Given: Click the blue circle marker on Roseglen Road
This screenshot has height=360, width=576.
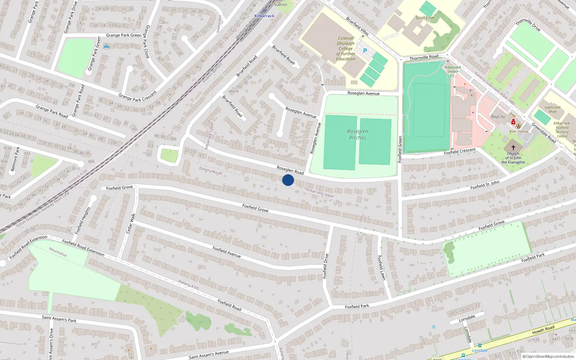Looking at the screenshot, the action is click(x=288, y=180).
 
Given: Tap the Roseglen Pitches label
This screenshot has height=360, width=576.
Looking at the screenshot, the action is click(x=357, y=134).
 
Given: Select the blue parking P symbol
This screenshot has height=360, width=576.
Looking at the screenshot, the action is click(x=365, y=51).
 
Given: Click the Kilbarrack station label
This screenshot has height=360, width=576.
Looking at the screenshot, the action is click(x=264, y=16).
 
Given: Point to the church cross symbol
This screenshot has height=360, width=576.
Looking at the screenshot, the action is click(x=513, y=147).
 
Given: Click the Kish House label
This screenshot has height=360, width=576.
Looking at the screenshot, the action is click(x=519, y=131).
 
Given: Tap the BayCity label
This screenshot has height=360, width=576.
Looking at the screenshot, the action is click(x=498, y=117).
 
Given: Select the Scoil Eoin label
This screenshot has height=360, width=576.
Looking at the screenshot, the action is click(x=425, y=18).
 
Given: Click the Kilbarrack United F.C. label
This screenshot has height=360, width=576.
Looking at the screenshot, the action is click(x=453, y=71).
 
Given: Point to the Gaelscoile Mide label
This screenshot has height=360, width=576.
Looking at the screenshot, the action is click(x=553, y=109).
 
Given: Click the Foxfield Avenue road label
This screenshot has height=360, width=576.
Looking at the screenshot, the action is click(x=226, y=252).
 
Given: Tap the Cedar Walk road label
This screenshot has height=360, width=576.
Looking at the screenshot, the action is click(x=131, y=224).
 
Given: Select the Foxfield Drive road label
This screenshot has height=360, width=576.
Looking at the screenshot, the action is click(x=325, y=266).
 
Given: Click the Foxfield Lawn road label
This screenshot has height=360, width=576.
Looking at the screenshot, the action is click(x=382, y=267).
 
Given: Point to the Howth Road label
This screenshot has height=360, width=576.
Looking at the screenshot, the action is click(x=543, y=329).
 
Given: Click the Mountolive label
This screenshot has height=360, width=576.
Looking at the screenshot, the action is click(x=58, y=252).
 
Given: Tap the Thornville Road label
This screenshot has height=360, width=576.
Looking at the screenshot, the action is click(x=424, y=57).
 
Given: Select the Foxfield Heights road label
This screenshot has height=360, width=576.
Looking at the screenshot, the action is click(x=83, y=220).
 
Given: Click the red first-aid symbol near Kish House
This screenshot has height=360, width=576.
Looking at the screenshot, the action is click(x=513, y=122).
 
